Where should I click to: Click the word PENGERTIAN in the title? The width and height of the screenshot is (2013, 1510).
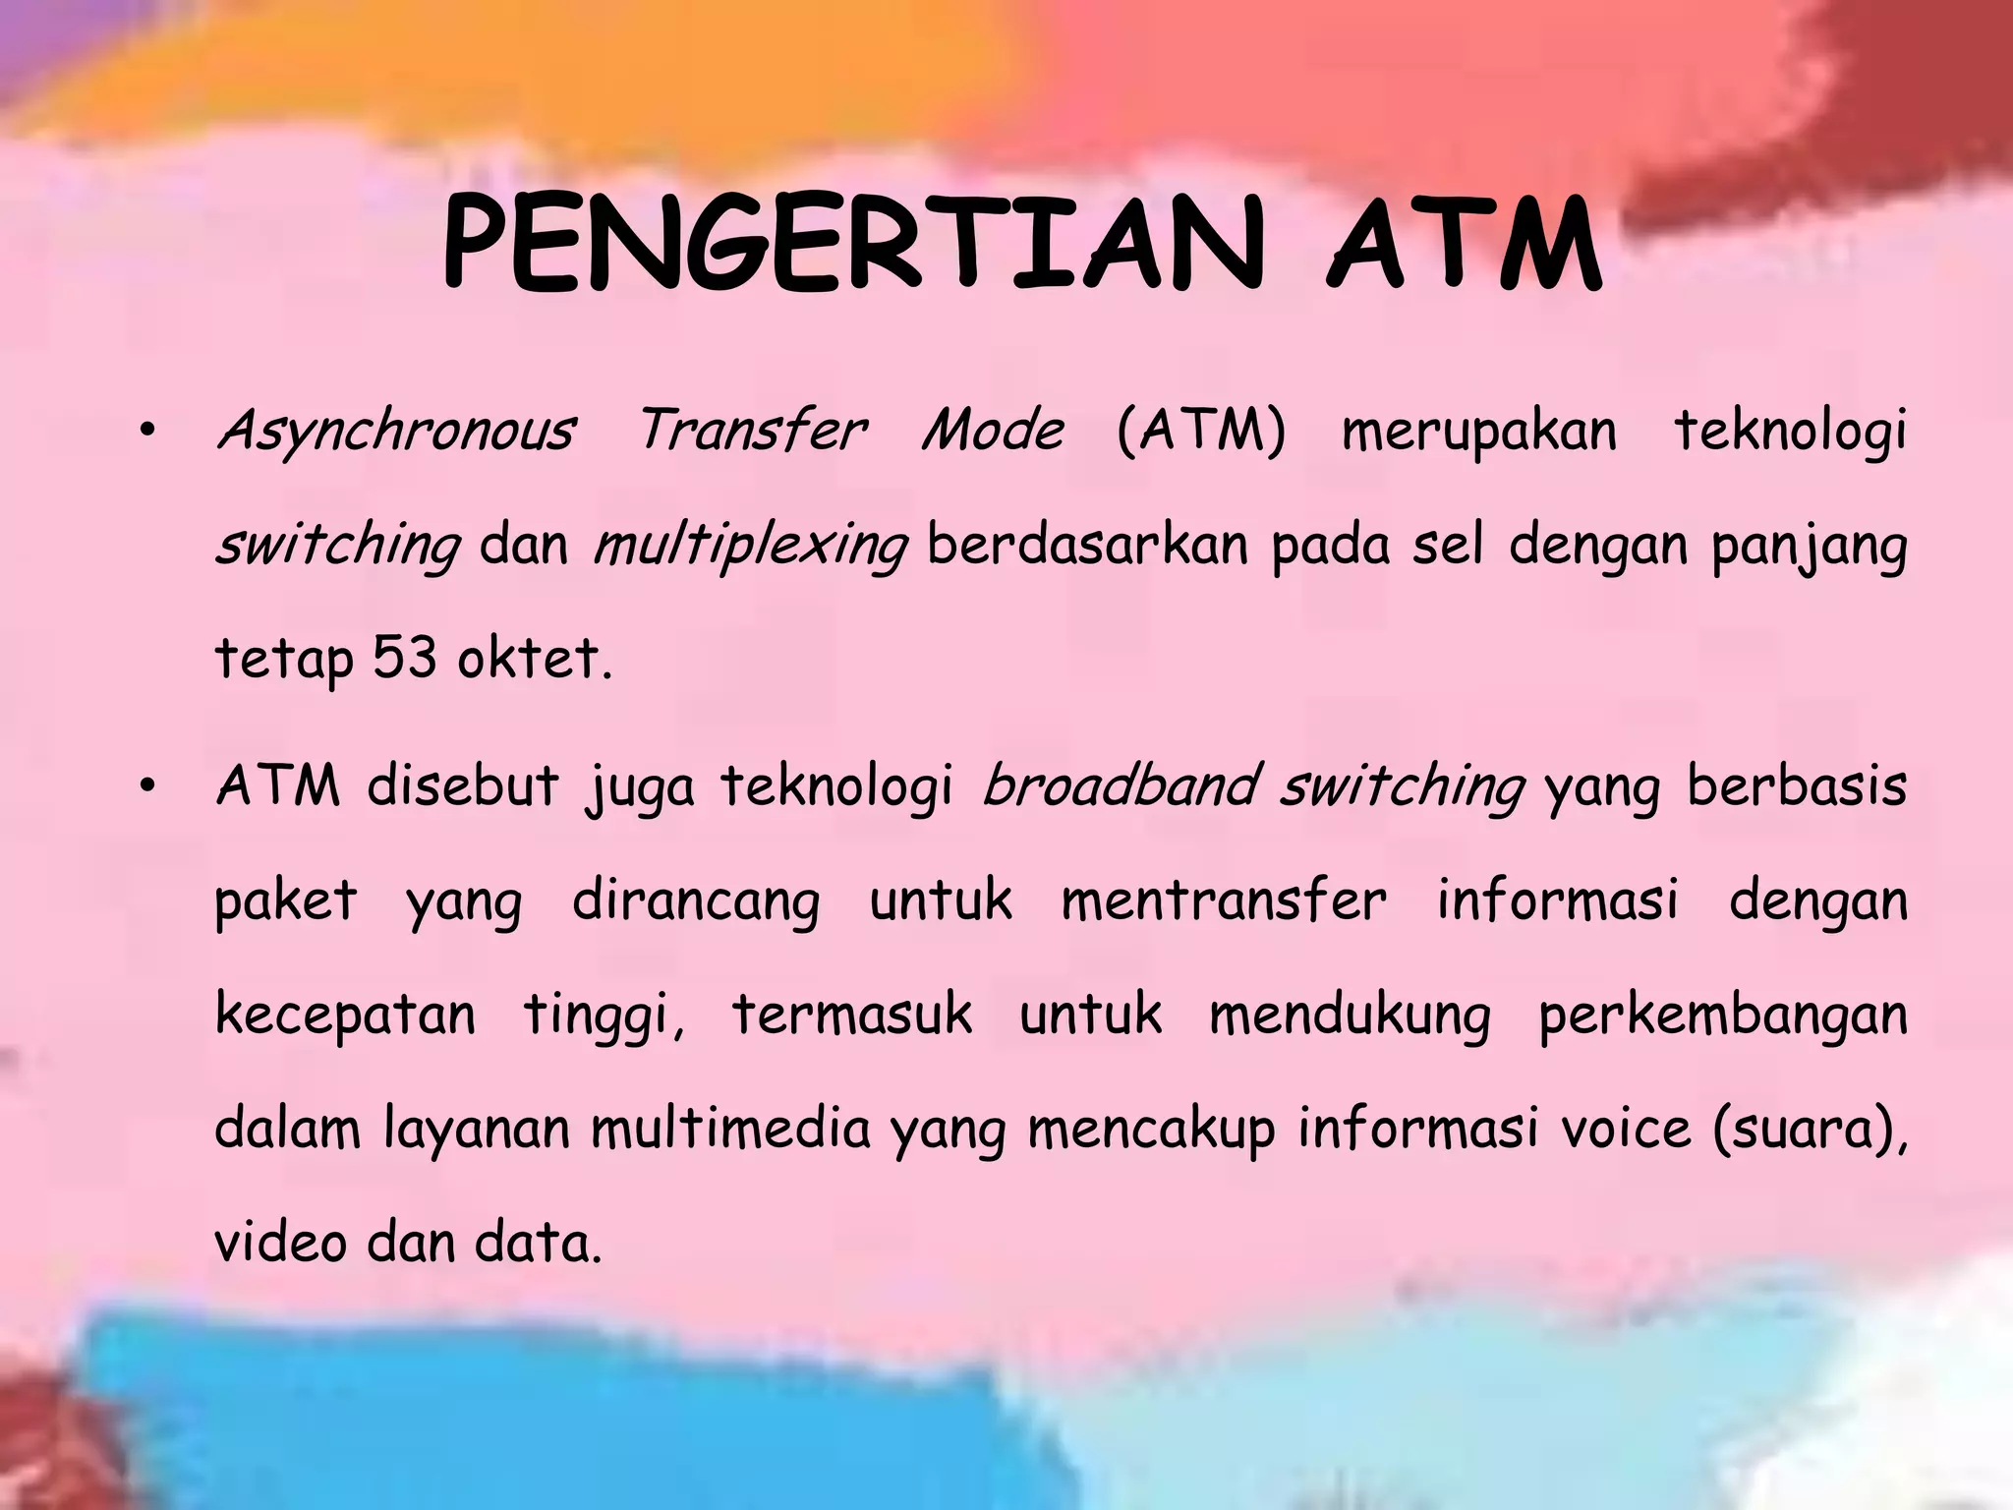(851, 244)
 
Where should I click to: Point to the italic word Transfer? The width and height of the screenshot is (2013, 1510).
(752, 431)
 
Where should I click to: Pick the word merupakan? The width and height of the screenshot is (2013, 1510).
(1478, 431)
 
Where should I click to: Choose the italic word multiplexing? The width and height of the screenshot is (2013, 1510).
(750, 547)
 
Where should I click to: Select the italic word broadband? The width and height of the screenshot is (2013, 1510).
(1121, 786)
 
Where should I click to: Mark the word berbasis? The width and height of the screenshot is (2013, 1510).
(1797, 786)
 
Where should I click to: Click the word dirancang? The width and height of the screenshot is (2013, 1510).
(696, 900)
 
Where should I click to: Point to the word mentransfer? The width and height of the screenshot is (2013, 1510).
(1224, 900)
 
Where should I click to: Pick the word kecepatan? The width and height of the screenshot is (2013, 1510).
(345, 1015)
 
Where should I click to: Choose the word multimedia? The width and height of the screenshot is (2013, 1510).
(730, 1129)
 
